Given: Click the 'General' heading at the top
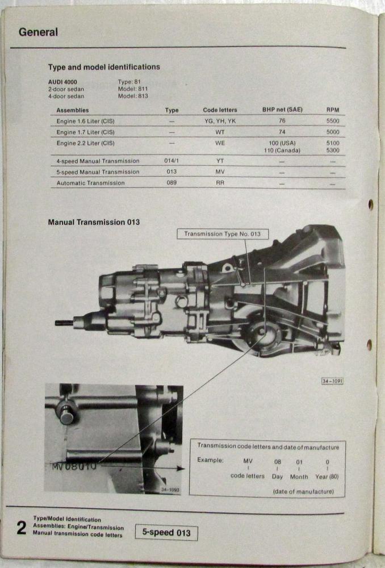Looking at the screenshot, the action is (x=38, y=32).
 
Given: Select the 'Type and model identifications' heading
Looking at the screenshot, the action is (x=104, y=67).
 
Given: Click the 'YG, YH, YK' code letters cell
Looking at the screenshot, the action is (x=220, y=121).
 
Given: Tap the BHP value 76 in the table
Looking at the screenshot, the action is (x=282, y=120).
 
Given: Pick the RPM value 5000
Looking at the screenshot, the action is (x=333, y=132).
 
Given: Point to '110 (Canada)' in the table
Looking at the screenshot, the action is (x=282, y=151).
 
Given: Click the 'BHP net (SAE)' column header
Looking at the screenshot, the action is (x=282, y=110).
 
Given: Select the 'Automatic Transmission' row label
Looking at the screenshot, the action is (x=90, y=183).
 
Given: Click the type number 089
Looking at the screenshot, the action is (x=171, y=182).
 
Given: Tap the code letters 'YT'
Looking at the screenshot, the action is (x=220, y=161).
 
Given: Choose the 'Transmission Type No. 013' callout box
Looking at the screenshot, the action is (x=223, y=234).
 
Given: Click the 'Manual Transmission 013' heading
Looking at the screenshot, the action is (x=94, y=223).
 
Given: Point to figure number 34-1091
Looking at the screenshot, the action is (x=332, y=381).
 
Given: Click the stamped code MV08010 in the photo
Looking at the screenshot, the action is (x=74, y=466).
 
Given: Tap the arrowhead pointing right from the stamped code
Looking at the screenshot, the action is (x=181, y=469).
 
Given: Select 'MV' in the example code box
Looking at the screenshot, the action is (x=248, y=461).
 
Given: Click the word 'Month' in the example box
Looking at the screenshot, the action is (x=299, y=477).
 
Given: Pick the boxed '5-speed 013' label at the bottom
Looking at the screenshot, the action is (x=166, y=533).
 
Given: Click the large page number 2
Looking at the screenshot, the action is (x=22, y=528).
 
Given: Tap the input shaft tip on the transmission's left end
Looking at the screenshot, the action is (x=57, y=323).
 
